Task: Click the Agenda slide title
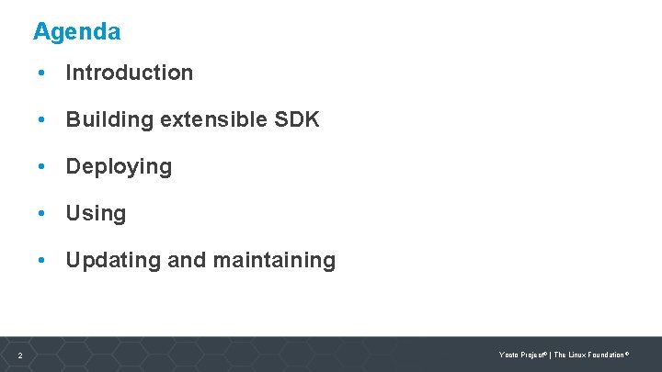tap(76, 32)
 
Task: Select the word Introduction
tap(129, 73)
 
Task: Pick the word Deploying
tap(119, 167)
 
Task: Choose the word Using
tap(96, 214)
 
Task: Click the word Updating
tap(112, 261)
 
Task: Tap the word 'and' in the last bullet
tap(187, 261)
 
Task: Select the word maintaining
tap(274, 261)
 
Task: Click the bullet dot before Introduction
tap(41, 73)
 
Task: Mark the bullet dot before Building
tap(41, 119)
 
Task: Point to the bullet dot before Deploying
tap(41, 167)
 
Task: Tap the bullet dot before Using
tap(41, 214)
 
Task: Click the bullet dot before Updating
tap(41, 261)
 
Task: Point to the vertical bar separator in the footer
tap(550, 355)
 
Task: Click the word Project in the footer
tap(531, 355)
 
